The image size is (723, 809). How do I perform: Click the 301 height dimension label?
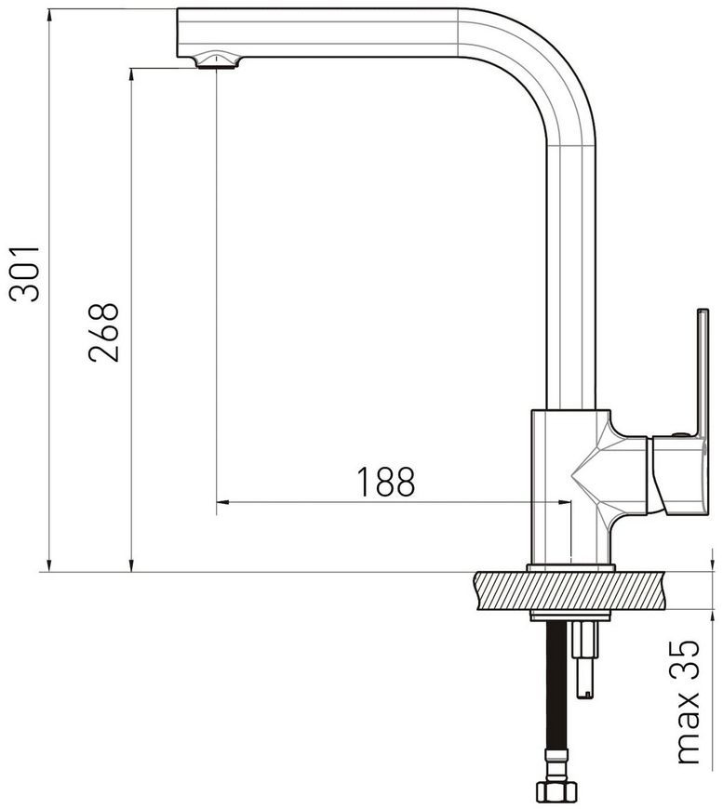[x=24, y=274]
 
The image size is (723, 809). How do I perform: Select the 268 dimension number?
[x=103, y=333]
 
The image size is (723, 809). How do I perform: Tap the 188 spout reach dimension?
[x=386, y=482]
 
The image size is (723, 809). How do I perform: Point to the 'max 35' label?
[x=688, y=701]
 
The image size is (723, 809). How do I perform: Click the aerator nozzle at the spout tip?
[x=218, y=60]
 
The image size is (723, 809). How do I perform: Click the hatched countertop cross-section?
[x=568, y=590]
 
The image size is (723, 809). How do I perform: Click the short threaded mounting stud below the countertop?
[x=585, y=659]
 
